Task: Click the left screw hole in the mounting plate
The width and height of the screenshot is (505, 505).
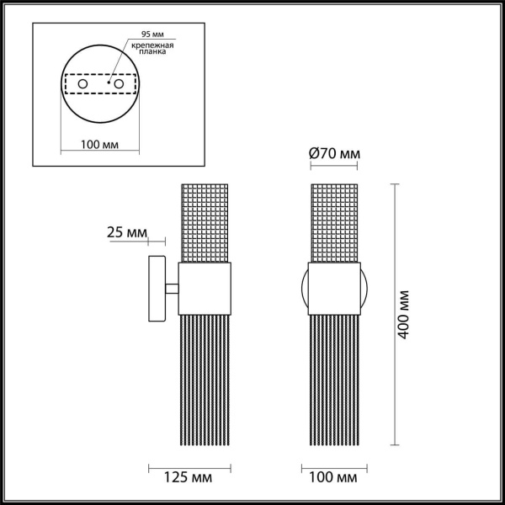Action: point(82,85)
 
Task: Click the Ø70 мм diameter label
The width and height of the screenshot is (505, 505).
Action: point(335,153)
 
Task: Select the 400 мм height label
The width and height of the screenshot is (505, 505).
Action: point(405,315)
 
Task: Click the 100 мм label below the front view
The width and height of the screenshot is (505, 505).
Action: point(334,477)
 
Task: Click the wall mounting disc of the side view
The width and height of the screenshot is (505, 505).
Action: point(156,287)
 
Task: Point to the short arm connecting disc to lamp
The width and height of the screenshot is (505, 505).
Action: point(172,289)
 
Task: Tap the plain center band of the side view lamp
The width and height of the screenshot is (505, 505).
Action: point(205,289)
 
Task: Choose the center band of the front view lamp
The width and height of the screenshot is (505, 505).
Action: point(334,289)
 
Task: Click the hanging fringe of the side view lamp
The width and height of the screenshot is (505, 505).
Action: point(205,379)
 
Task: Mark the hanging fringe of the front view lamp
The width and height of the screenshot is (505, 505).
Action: point(334,379)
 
